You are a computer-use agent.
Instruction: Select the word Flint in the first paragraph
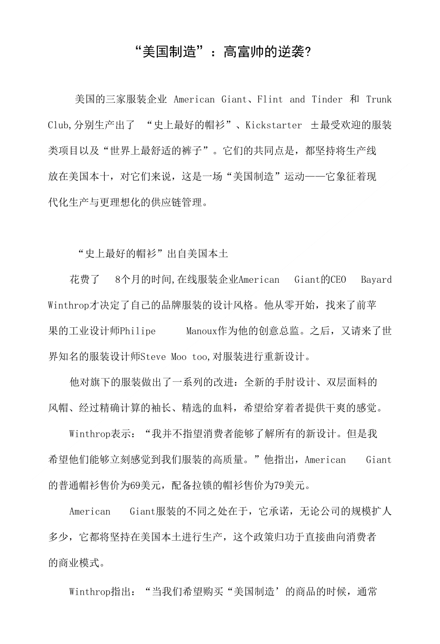(x=270, y=100)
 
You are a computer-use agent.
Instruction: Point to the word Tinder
(x=327, y=100)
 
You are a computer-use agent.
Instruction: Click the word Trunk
(x=379, y=100)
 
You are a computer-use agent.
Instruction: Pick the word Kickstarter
(x=274, y=125)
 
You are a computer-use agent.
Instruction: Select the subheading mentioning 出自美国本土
(x=153, y=254)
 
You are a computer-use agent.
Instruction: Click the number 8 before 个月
(x=118, y=280)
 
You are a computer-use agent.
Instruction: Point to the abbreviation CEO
(x=338, y=280)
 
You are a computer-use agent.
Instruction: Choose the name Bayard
(x=376, y=280)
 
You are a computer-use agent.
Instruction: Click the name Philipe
(x=138, y=331)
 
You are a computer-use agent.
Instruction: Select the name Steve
(x=154, y=357)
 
